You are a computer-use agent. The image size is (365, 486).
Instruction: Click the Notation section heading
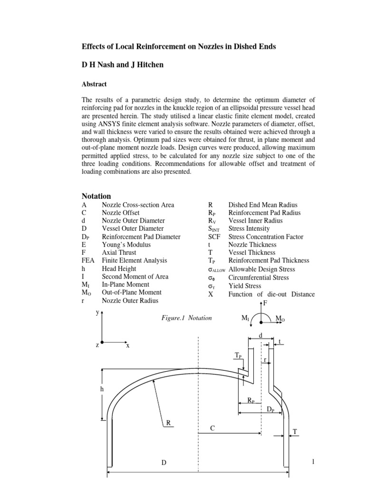coord(96,196)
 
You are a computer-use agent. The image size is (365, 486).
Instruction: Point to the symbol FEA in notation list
coord(88,261)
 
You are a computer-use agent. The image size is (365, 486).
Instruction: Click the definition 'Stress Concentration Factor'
coord(266,237)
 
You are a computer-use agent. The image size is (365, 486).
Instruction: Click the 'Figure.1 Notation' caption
coord(186,318)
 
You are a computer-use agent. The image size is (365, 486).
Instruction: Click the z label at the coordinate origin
coord(97,345)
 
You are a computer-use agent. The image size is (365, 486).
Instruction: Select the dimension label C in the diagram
coord(212,429)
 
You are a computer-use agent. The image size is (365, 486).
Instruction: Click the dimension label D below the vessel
coord(163,463)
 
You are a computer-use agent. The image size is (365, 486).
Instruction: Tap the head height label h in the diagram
coord(101,389)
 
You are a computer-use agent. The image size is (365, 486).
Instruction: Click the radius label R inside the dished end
coord(168,422)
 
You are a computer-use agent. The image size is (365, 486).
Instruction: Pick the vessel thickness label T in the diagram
coord(295,431)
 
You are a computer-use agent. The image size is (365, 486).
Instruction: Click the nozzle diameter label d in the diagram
coord(260,336)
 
